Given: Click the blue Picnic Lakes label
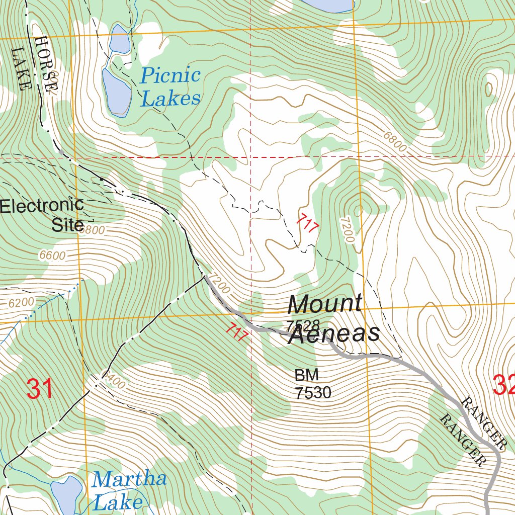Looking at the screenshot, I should (x=170, y=87).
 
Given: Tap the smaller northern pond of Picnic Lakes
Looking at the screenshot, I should (x=120, y=39).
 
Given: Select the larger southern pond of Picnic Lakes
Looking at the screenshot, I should (x=117, y=92).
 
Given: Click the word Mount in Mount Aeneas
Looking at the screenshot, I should (x=324, y=304).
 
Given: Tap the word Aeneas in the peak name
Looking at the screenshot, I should (x=334, y=334).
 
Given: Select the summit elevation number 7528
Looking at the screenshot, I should (x=303, y=324).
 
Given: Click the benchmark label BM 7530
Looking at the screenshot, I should (x=313, y=384).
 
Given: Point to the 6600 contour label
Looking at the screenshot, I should (x=52, y=256).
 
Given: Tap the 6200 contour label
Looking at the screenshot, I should (x=21, y=302).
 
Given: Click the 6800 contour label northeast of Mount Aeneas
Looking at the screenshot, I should (x=394, y=143).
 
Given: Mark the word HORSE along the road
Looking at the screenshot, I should (x=46, y=63).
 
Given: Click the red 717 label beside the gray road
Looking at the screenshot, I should (x=236, y=332).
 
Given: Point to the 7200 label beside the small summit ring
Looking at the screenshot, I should (x=347, y=229).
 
